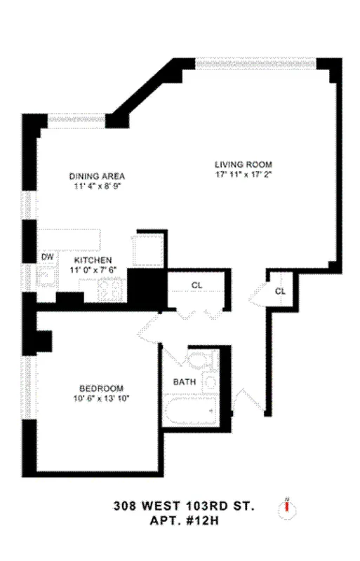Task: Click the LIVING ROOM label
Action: click(x=243, y=165)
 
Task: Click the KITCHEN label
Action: click(x=93, y=259)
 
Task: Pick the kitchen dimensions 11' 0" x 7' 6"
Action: click(x=93, y=269)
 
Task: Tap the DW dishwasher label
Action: click(x=47, y=257)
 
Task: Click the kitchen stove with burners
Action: click(x=109, y=288)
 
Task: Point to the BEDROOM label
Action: click(x=101, y=388)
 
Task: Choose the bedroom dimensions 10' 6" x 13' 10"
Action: click(x=101, y=398)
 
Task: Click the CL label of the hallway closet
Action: click(x=197, y=285)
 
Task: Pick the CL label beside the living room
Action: click(x=280, y=291)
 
